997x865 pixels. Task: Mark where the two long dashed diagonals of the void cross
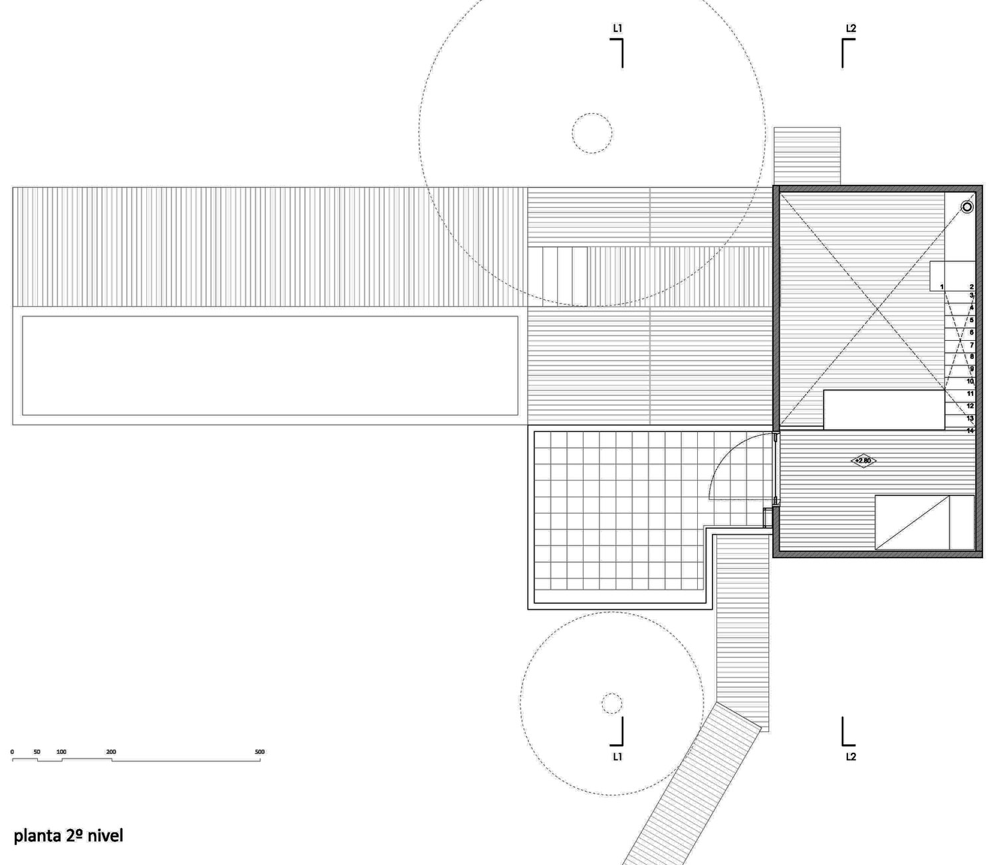pos(877,310)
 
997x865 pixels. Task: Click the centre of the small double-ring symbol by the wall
pos(967,207)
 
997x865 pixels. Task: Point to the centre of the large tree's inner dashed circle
pos(592,134)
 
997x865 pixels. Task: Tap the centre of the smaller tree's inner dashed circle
pos(611,704)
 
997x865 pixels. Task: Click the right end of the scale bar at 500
pos(260,759)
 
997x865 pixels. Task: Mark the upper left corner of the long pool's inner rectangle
pos(23,317)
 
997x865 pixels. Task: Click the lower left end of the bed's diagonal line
pos(875,549)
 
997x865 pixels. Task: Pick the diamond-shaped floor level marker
pos(863,461)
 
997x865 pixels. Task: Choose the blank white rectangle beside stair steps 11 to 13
pos(884,410)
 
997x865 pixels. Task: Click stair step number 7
pos(972,345)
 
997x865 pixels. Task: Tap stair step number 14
pos(970,431)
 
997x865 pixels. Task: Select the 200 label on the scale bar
pos(111,752)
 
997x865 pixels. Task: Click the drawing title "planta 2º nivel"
pos(68,835)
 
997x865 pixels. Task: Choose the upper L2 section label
pos(851,29)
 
